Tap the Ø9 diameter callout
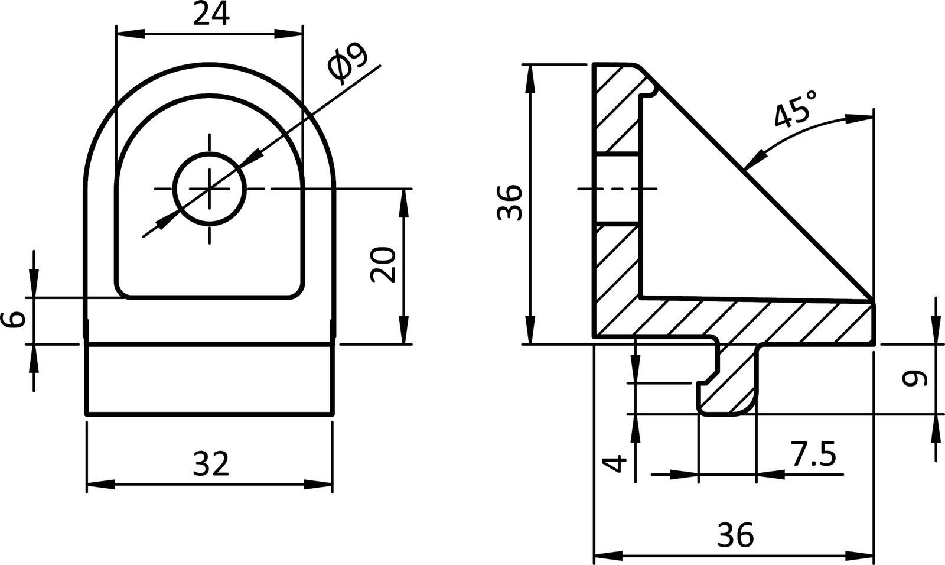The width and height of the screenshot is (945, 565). click(348, 61)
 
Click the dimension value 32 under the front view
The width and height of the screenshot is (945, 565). click(211, 464)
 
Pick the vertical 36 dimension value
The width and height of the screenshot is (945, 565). click(510, 202)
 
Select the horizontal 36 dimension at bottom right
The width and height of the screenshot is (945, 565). click(736, 535)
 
